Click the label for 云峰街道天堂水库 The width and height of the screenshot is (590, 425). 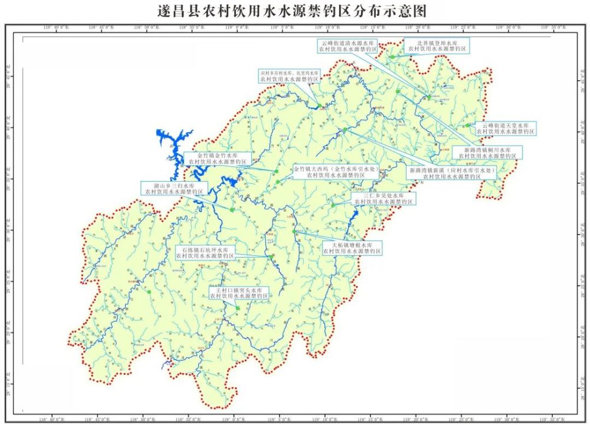pyautogui.click(x=507, y=129)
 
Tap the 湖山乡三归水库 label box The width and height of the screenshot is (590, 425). pyautogui.click(x=173, y=188)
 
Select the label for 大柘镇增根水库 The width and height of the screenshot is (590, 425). pyautogui.click(x=352, y=248)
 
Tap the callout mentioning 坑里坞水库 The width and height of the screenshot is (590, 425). pyautogui.click(x=290, y=75)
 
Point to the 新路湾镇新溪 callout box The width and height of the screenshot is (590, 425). pyautogui.click(x=451, y=172)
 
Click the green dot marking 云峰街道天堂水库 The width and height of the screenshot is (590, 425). pyautogui.click(x=467, y=126)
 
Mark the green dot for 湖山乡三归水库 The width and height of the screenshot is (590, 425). pyautogui.click(x=232, y=210)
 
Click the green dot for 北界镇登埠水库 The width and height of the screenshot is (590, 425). pyautogui.click(x=392, y=57)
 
